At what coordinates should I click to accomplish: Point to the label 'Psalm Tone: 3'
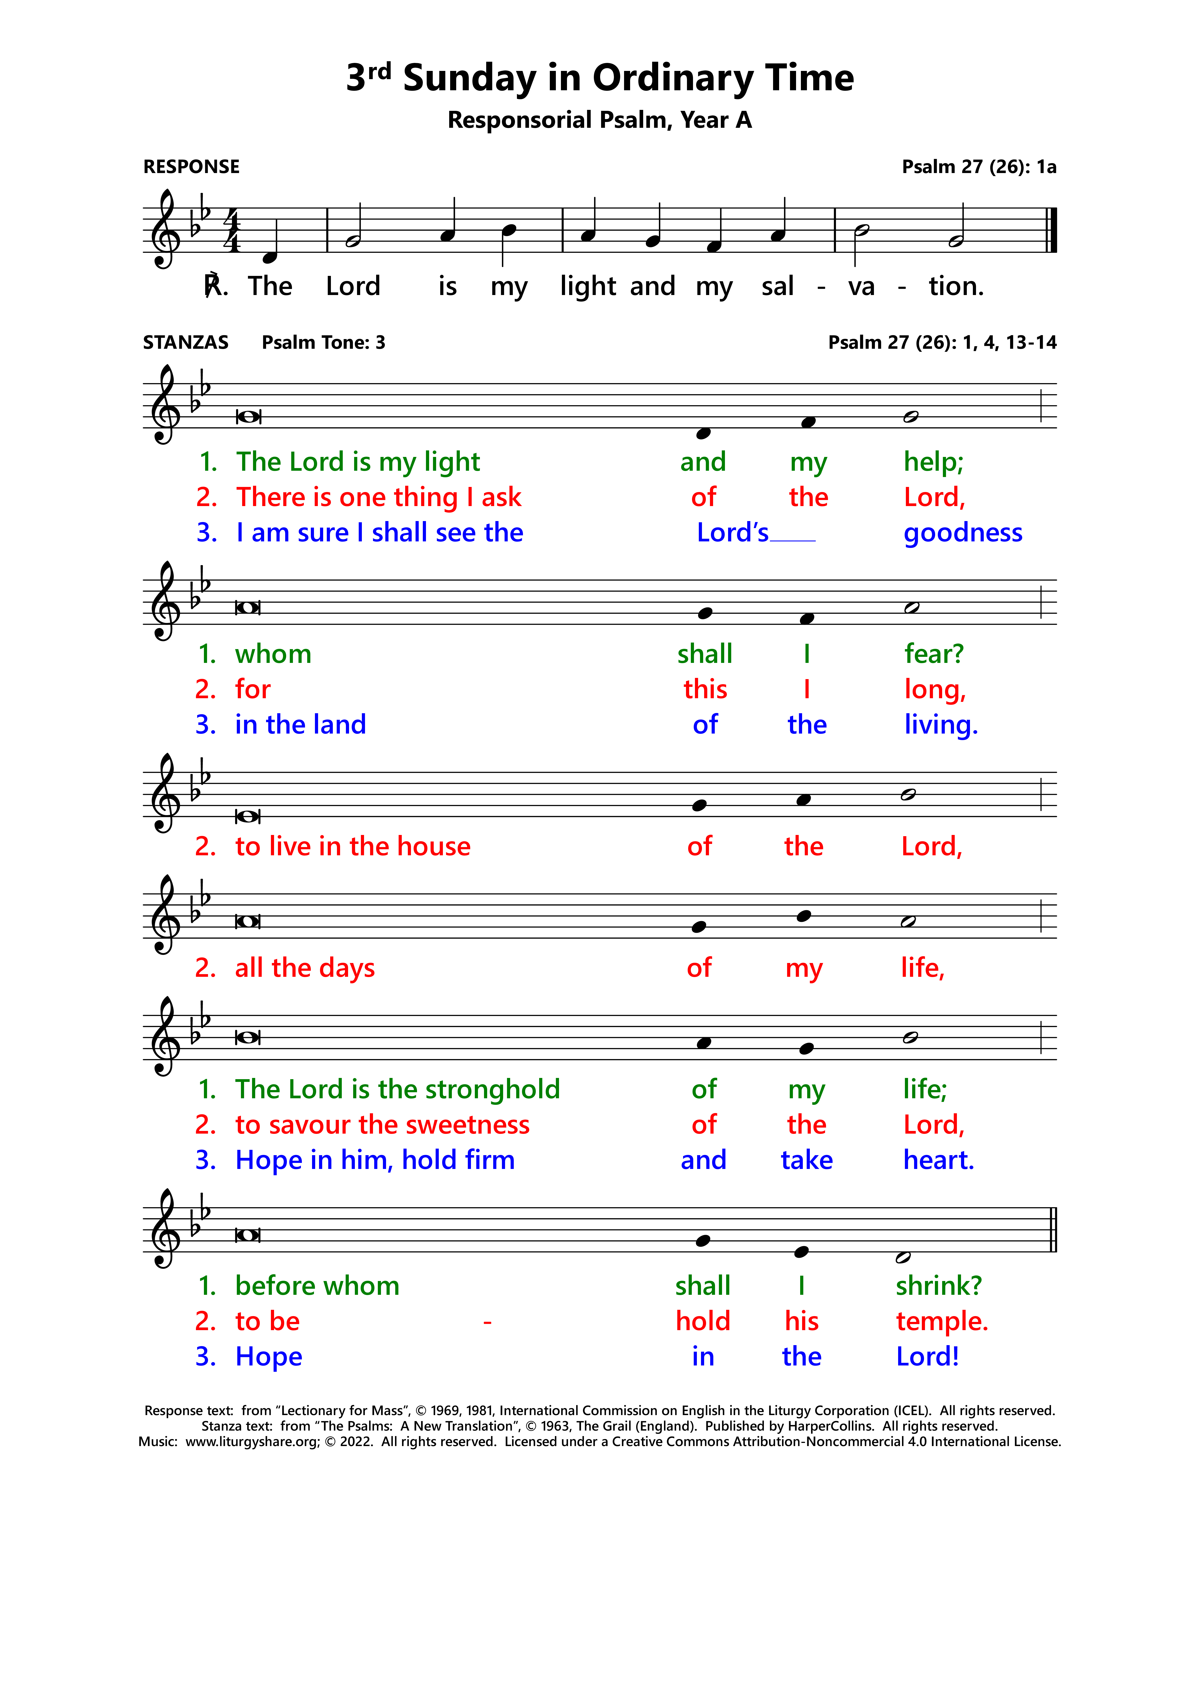coord(323,342)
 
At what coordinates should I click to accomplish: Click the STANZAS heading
coord(186,342)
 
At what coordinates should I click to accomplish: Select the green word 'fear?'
coord(934,654)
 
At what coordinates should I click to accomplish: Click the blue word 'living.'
coord(940,725)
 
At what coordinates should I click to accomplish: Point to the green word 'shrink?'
coord(938,1286)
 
